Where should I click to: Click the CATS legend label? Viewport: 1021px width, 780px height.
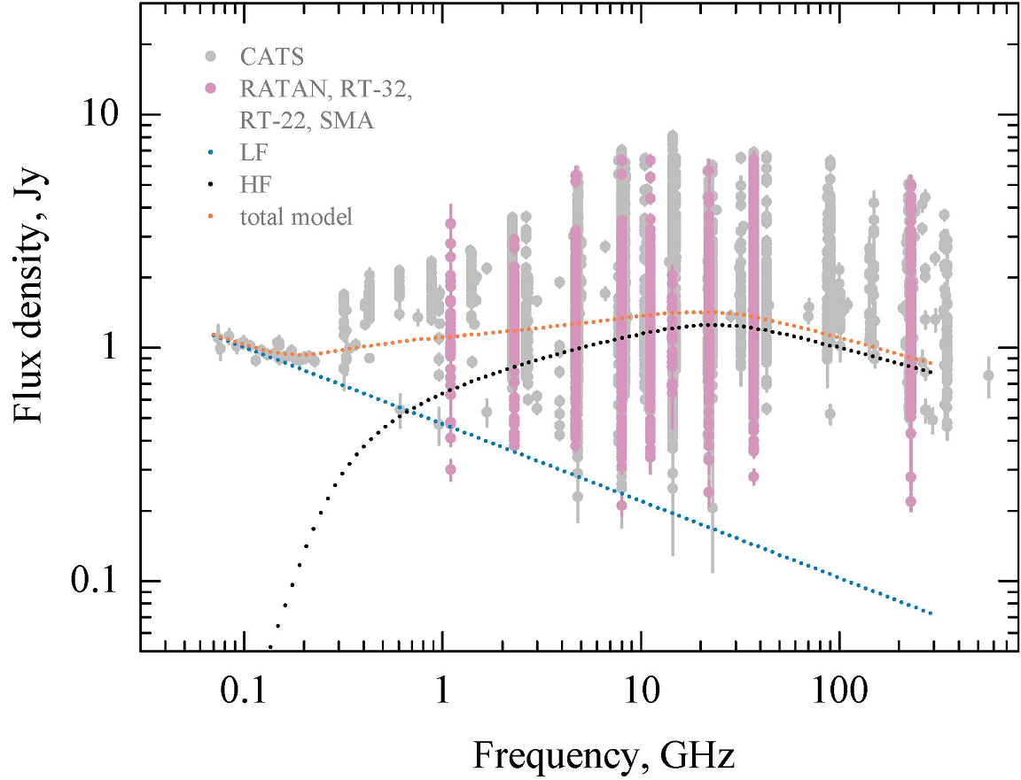(272, 58)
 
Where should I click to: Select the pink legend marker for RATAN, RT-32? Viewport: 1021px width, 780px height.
(210, 89)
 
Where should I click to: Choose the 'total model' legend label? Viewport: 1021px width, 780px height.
(296, 216)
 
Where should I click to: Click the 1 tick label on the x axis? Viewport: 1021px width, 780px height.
(441, 688)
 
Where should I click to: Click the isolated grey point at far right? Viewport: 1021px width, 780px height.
(988, 375)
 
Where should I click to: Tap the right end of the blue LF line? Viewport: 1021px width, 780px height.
(931, 614)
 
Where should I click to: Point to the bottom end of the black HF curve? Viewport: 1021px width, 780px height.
(271, 648)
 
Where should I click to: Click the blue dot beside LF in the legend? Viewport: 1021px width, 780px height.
(210, 152)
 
